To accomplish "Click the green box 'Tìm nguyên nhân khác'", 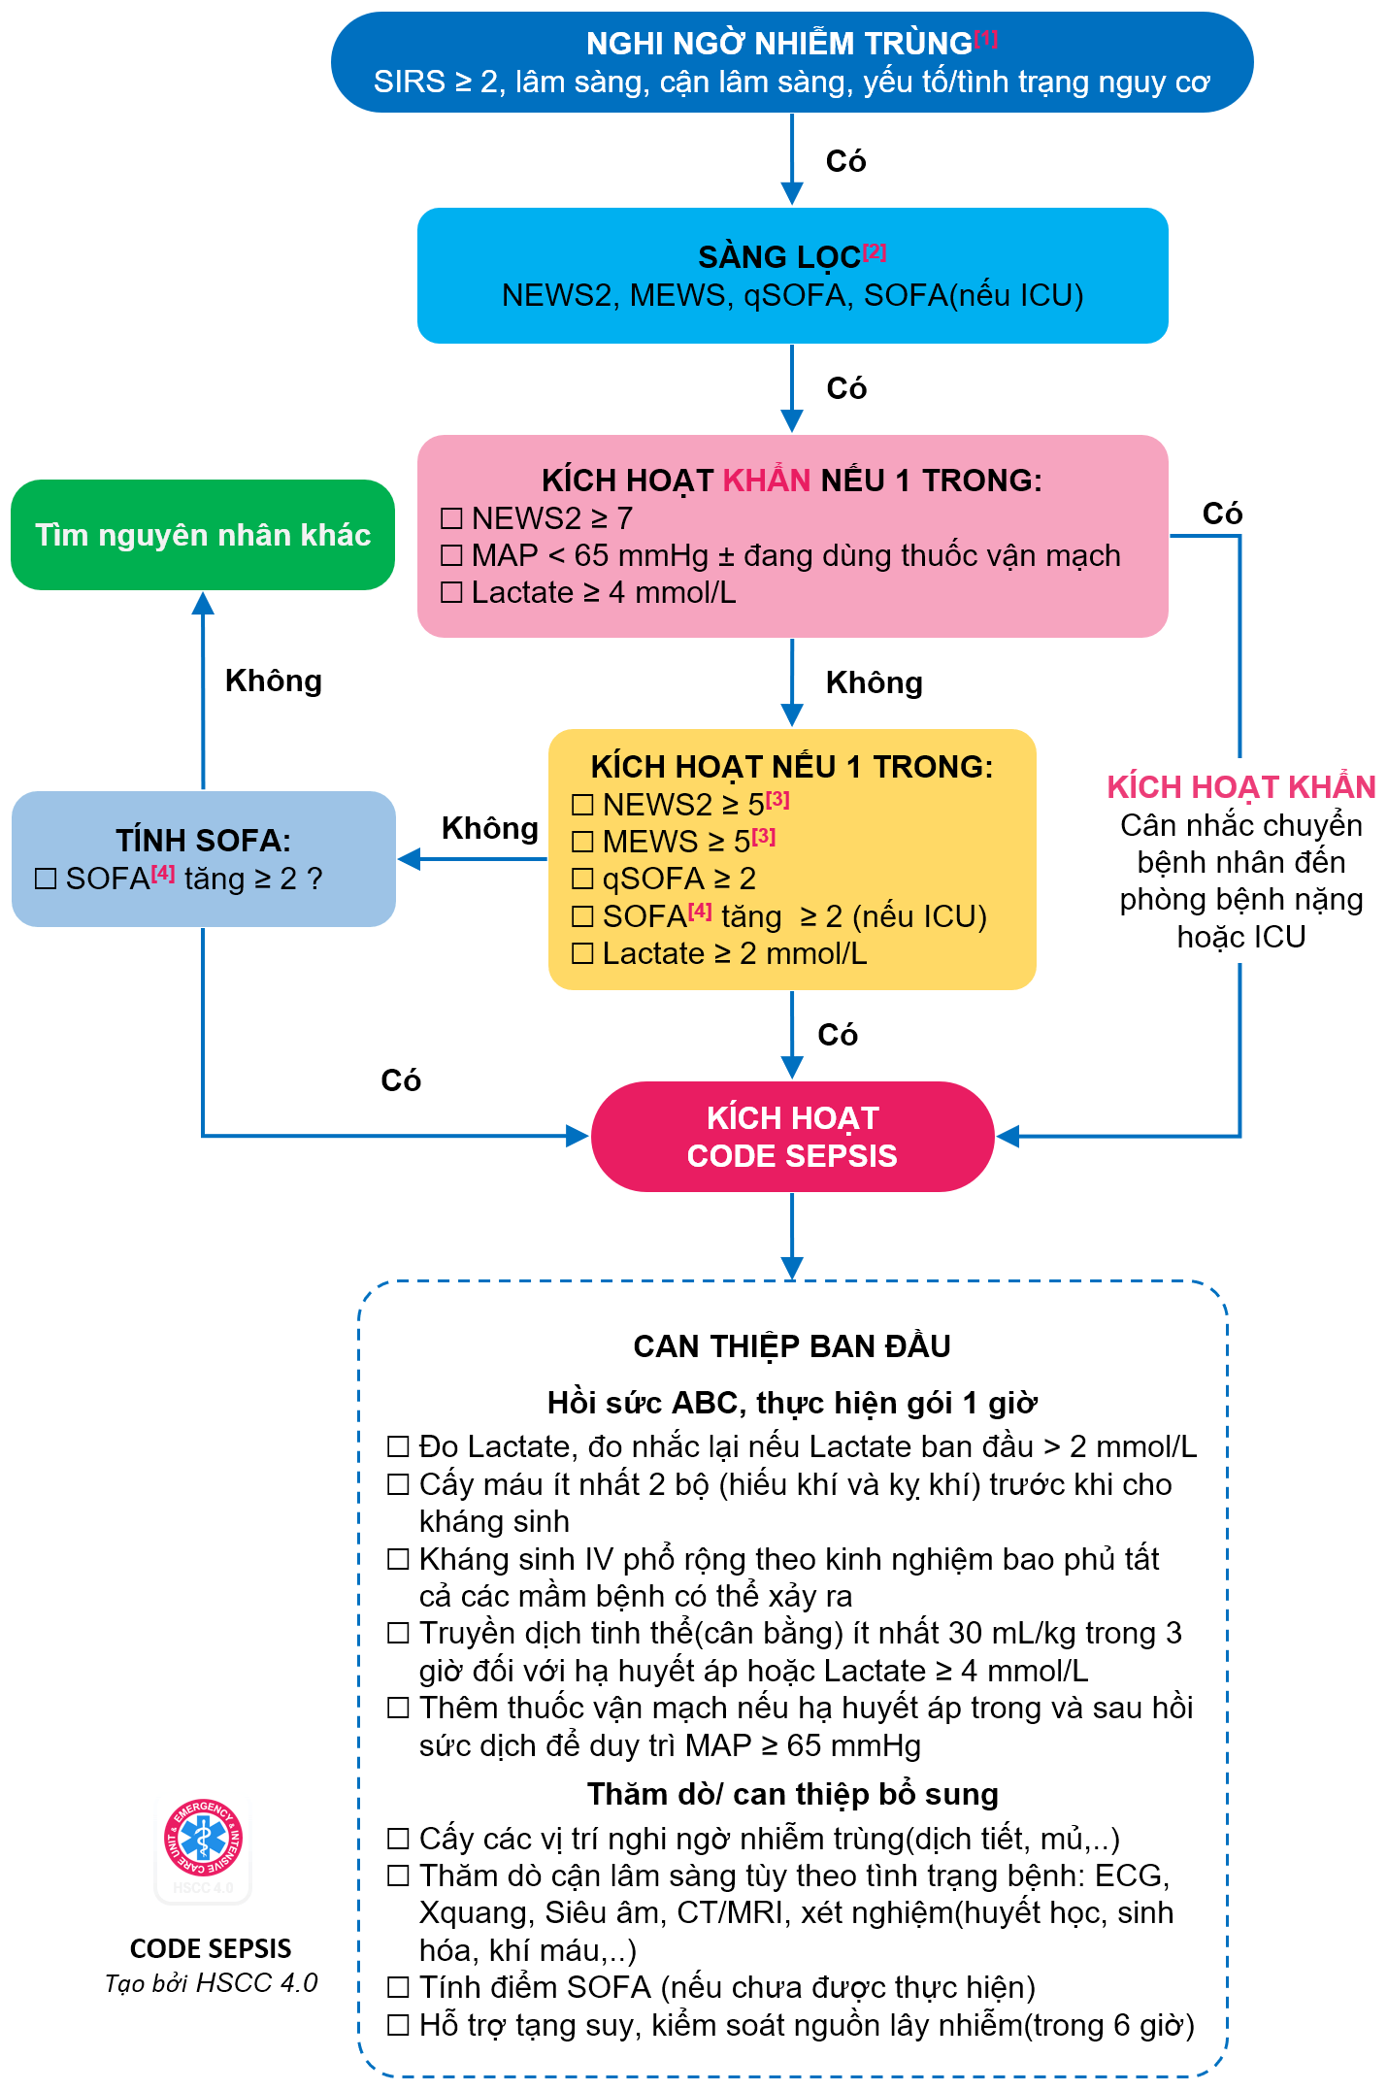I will click(x=203, y=535).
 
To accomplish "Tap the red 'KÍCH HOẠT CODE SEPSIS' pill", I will click(x=792, y=1137).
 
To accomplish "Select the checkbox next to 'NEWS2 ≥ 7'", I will click(x=451, y=518).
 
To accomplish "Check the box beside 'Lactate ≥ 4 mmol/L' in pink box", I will click(x=451, y=592).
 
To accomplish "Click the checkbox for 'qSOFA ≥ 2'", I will click(x=582, y=879).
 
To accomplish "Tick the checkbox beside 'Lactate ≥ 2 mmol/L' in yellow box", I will click(x=582, y=953).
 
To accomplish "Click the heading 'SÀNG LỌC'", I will click(x=779, y=257).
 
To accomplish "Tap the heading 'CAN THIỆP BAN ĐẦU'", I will click(x=792, y=1346).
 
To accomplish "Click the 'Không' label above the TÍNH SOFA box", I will click(x=273, y=680).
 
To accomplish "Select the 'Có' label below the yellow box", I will click(x=837, y=1035).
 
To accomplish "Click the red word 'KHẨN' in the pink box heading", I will click(x=767, y=481).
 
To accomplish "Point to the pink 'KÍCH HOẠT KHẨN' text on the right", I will click(x=1241, y=787).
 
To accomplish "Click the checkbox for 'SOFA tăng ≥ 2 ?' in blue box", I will click(x=46, y=879).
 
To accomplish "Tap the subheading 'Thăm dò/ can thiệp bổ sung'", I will click(x=792, y=1795).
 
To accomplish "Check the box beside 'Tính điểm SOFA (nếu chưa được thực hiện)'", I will click(x=398, y=1988).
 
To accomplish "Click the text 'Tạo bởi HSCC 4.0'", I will click(x=211, y=1983).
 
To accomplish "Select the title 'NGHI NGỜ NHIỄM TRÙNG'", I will click(x=779, y=44).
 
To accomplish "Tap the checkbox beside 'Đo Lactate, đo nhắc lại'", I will click(x=398, y=1446).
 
